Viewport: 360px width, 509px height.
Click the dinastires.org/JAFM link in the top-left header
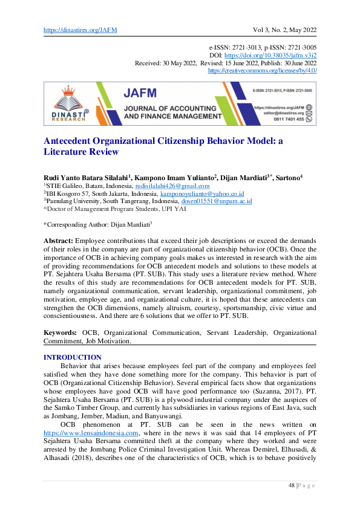tap(80, 30)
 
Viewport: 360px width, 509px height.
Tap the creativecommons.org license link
tap(262, 70)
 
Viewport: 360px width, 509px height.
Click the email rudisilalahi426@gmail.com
tap(176, 186)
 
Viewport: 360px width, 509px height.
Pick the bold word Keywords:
tap(61, 332)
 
